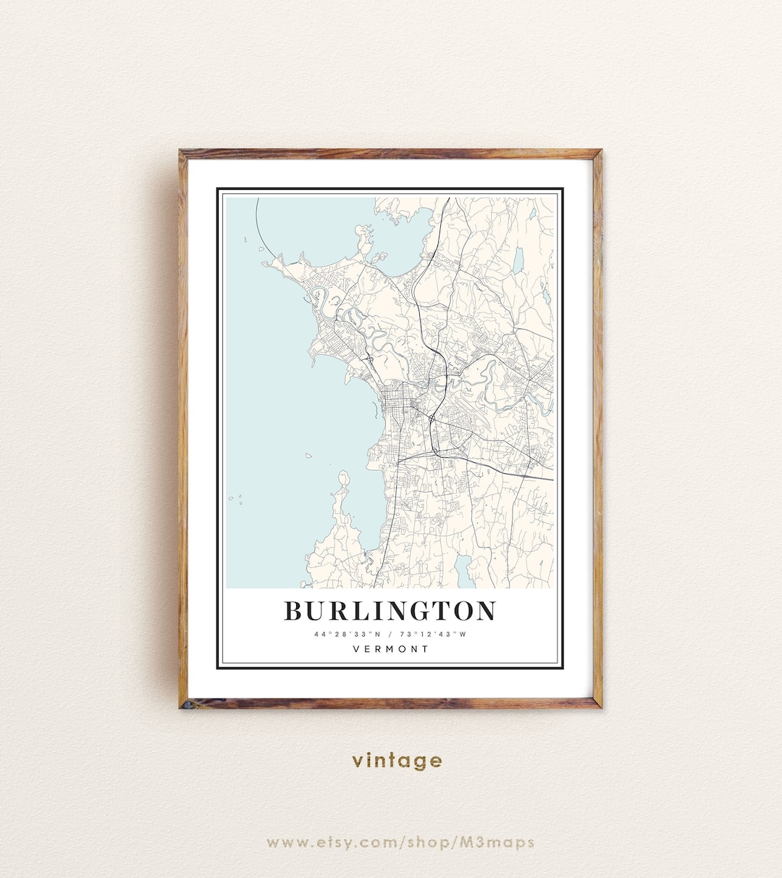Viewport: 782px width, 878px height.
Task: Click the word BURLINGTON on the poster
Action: (390, 611)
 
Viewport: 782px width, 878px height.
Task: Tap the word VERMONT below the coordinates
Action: (391, 649)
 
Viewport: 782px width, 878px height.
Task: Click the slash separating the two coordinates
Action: (390, 635)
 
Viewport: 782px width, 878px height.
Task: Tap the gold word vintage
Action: (397, 761)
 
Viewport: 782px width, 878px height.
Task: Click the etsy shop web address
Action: (400, 843)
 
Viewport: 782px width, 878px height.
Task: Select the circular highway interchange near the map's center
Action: (432, 418)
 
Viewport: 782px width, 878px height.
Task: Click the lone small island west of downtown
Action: (308, 456)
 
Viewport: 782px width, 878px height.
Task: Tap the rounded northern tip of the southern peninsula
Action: (343, 478)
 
